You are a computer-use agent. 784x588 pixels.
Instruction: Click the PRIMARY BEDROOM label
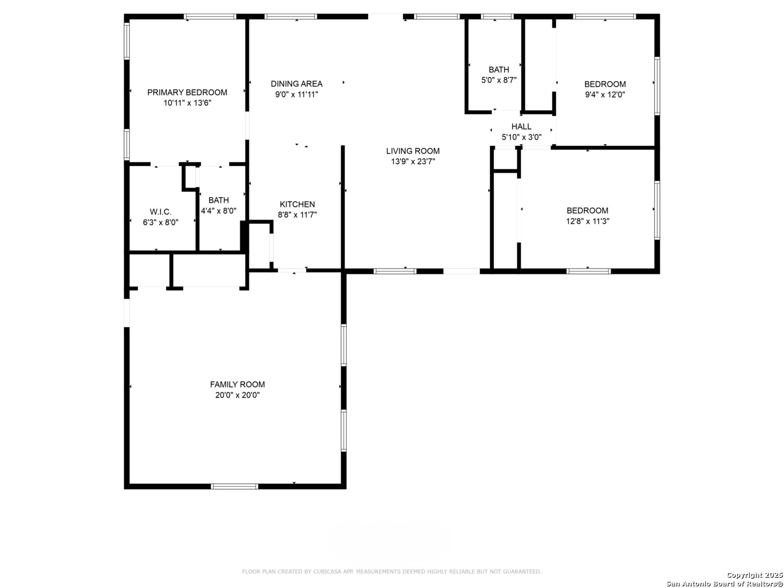click(187, 93)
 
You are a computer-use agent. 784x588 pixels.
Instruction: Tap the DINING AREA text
click(297, 84)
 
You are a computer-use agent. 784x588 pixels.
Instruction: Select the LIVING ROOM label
click(413, 151)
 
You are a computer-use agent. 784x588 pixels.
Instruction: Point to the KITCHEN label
click(297, 204)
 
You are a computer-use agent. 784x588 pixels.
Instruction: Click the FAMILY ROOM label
click(237, 384)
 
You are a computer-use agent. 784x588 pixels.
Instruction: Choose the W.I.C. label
click(161, 212)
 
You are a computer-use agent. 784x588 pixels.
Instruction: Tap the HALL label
click(521, 126)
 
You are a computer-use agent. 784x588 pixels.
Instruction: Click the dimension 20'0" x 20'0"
click(237, 395)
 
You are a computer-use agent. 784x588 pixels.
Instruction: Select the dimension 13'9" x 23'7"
click(413, 162)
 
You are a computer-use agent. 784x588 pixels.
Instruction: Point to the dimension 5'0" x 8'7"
click(499, 81)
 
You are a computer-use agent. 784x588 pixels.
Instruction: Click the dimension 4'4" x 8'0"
click(218, 211)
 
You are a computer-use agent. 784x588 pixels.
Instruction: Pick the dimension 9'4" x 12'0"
click(605, 95)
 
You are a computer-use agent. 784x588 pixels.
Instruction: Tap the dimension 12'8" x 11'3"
click(587, 222)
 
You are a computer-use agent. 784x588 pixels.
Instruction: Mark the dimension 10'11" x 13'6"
click(187, 103)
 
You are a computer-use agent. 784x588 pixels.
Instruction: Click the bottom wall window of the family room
click(234, 486)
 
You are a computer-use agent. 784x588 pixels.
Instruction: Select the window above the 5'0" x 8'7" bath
click(497, 16)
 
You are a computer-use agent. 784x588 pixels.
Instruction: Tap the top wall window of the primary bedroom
click(210, 16)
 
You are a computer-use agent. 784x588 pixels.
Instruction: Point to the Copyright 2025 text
click(755, 575)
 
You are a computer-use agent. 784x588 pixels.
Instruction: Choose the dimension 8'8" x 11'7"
click(297, 215)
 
